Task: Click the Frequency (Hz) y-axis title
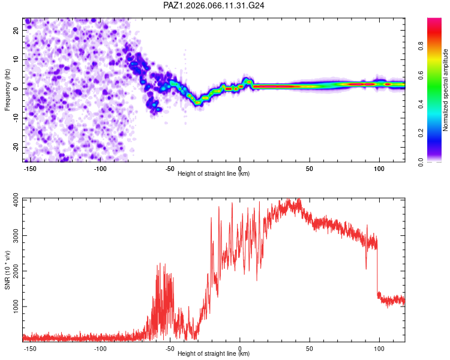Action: [8, 89]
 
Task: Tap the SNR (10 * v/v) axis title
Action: [8, 269]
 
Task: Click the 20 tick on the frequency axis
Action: [16, 31]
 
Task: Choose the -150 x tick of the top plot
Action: [31, 168]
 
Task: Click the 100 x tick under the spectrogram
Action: [379, 168]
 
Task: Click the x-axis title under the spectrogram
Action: [214, 174]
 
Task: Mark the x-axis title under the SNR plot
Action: [214, 354]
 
